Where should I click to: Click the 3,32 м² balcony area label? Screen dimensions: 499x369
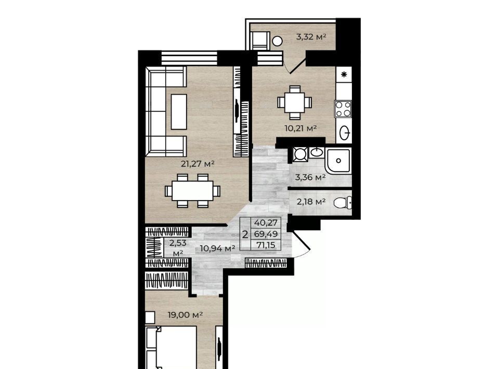(311, 37)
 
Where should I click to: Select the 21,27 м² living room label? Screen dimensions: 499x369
(198, 164)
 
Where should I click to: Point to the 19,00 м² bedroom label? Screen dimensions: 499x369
(186, 315)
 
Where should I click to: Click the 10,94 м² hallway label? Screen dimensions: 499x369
(217, 248)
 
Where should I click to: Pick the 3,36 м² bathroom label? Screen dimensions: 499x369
(310, 177)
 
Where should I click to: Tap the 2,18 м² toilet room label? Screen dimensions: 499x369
(311, 202)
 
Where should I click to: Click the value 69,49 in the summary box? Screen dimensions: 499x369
(266, 234)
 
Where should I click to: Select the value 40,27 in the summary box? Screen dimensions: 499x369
(266, 222)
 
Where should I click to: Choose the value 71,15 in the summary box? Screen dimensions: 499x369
(266, 245)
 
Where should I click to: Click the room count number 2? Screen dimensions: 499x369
(245, 235)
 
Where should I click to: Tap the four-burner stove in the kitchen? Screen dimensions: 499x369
(343, 109)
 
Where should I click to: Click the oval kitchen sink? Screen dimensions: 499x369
(345, 133)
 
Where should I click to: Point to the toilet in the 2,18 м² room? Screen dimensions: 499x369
(343, 203)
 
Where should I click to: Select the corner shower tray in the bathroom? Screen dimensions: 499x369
(338, 161)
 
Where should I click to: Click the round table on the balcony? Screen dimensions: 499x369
(277, 41)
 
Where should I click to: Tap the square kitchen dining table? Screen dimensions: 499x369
(294, 102)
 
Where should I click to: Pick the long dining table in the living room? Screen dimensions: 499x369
(192, 191)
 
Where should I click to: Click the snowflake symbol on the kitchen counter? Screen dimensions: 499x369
(344, 75)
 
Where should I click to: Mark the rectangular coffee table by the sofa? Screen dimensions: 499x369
(179, 112)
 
